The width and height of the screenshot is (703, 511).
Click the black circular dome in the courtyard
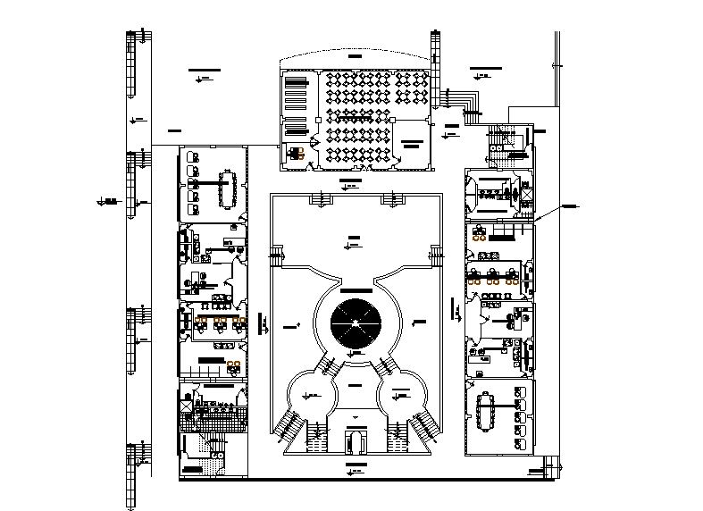[x=355, y=323]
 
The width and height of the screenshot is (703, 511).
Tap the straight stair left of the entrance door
[x=319, y=438]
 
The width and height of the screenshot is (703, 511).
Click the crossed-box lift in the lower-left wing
[x=187, y=406]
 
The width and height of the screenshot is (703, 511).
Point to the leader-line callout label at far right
[x=569, y=206]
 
